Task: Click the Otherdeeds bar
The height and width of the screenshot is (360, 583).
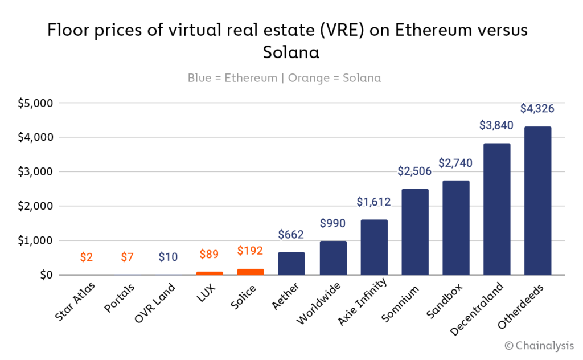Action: [537, 201]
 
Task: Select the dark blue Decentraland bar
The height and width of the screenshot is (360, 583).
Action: [496, 209]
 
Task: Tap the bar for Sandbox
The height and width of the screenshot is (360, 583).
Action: [455, 228]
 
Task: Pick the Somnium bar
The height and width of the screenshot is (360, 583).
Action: [414, 232]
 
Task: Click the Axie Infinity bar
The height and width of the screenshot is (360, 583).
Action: [373, 247]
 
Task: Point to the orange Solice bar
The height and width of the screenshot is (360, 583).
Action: [251, 272]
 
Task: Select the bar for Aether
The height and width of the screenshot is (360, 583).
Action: [291, 263]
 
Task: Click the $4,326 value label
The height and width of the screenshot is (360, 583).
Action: [537, 108]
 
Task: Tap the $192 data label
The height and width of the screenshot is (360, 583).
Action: [251, 251]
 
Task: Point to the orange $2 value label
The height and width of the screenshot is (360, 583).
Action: [86, 257]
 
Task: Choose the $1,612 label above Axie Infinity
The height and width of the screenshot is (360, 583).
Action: [373, 202]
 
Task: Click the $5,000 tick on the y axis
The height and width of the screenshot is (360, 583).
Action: [36, 103]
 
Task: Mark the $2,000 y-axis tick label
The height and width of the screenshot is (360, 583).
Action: [36, 206]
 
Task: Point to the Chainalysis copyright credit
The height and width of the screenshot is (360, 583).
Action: [539, 346]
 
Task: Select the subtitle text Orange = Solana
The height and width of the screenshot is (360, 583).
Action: [334, 78]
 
